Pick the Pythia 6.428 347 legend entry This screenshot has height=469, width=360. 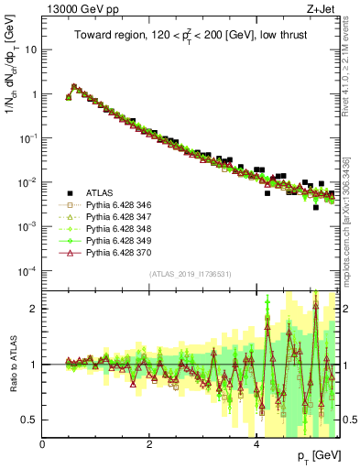point(115,217)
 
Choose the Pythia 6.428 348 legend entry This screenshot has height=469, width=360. point(115,229)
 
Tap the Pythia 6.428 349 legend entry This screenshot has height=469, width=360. point(115,241)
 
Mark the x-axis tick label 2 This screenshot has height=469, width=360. point(149,443)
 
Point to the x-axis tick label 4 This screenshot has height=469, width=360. point(256,443)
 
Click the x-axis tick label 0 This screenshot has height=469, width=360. point(43,443)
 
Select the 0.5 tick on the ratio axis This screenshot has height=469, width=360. point(32,420)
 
